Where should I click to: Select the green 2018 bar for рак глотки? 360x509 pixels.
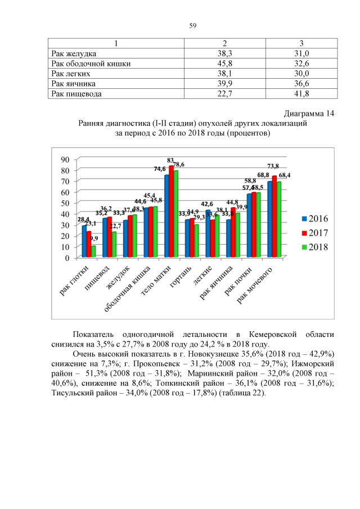click(93, 251)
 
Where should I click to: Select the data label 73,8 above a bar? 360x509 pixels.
click(273, 166)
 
